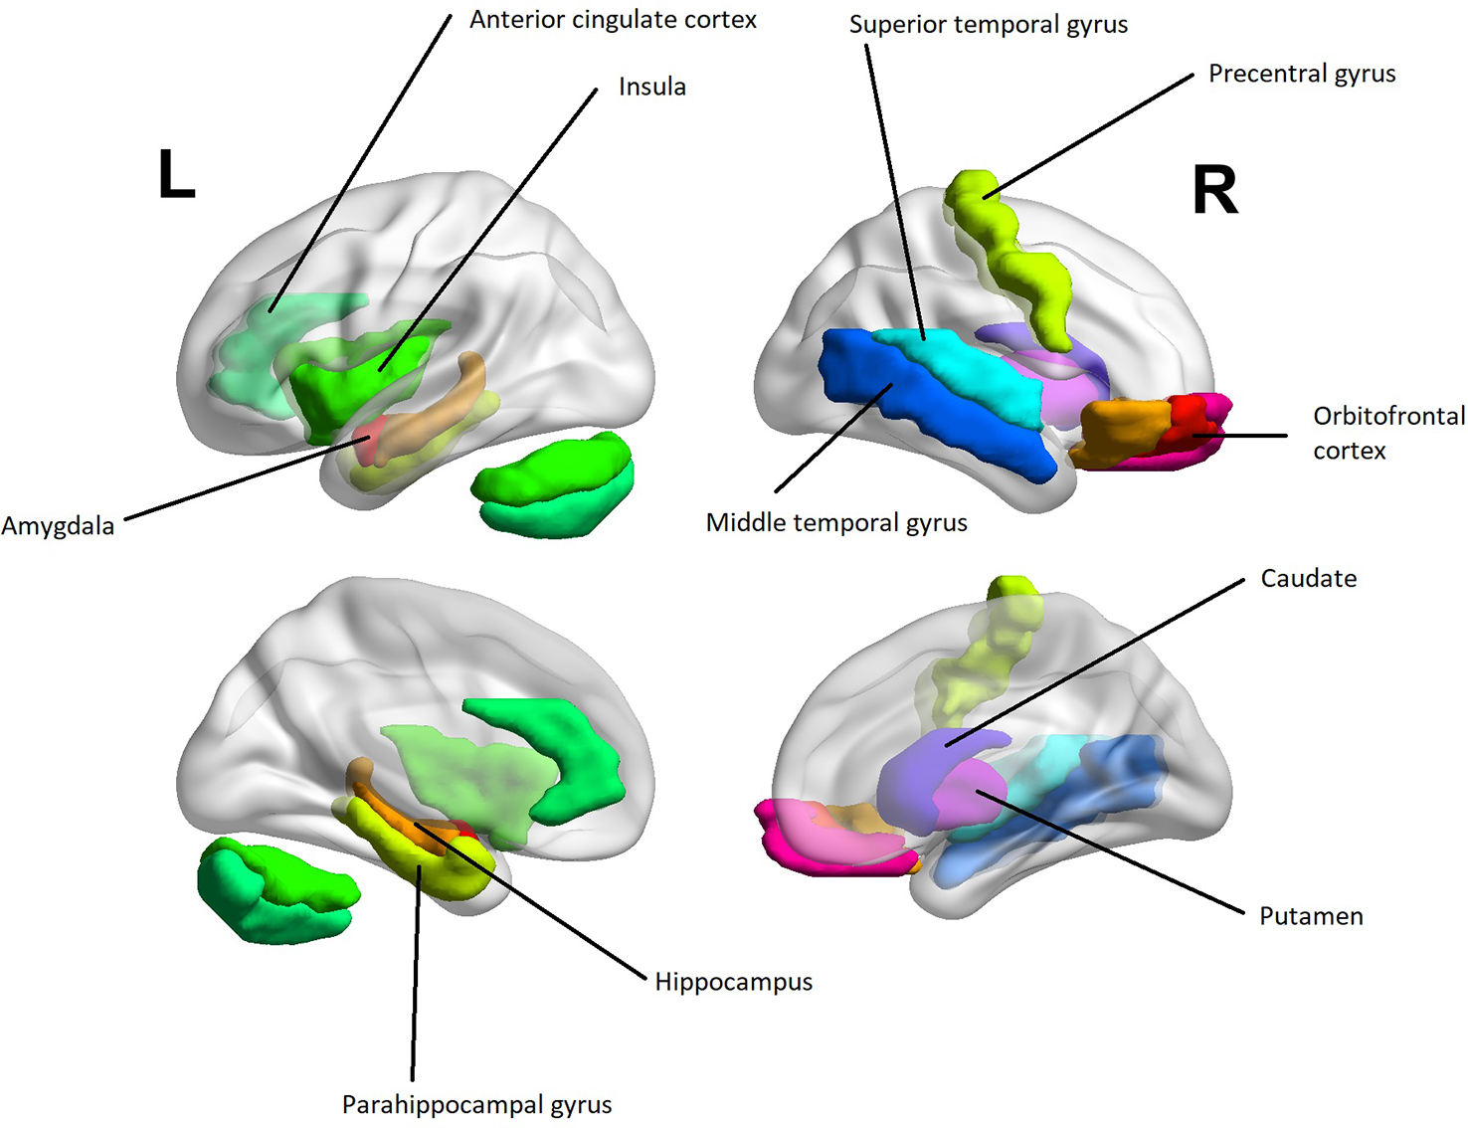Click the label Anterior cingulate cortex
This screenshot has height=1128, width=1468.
pyautogui.click(x=613, y=20)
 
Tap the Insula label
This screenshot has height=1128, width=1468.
pyautogui.click(x=651, y=87)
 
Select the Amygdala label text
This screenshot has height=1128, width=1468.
pyautogui.click(x=58, y=525)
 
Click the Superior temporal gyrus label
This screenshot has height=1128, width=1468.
pyautogui.click(x=988, y=25)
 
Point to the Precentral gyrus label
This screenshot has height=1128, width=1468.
pyautogui.click(x=1301, y=74)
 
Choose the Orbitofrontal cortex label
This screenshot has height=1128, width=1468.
pyautogui.click(x=1387, y=433)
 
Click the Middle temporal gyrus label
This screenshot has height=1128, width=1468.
pyautogui.click(x=835, y=522)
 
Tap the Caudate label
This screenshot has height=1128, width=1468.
pyautogui.click(x=1308, y=578)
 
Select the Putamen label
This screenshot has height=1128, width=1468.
pyautogui.click(x=1311, y=916)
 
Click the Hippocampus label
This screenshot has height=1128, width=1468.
pyautogui.click(x=733, y=982)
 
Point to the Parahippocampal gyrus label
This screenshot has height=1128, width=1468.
pyautogui.click(x=476, y=1104)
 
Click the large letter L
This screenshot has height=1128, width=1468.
pyautogui.click(x=176, y=174)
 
